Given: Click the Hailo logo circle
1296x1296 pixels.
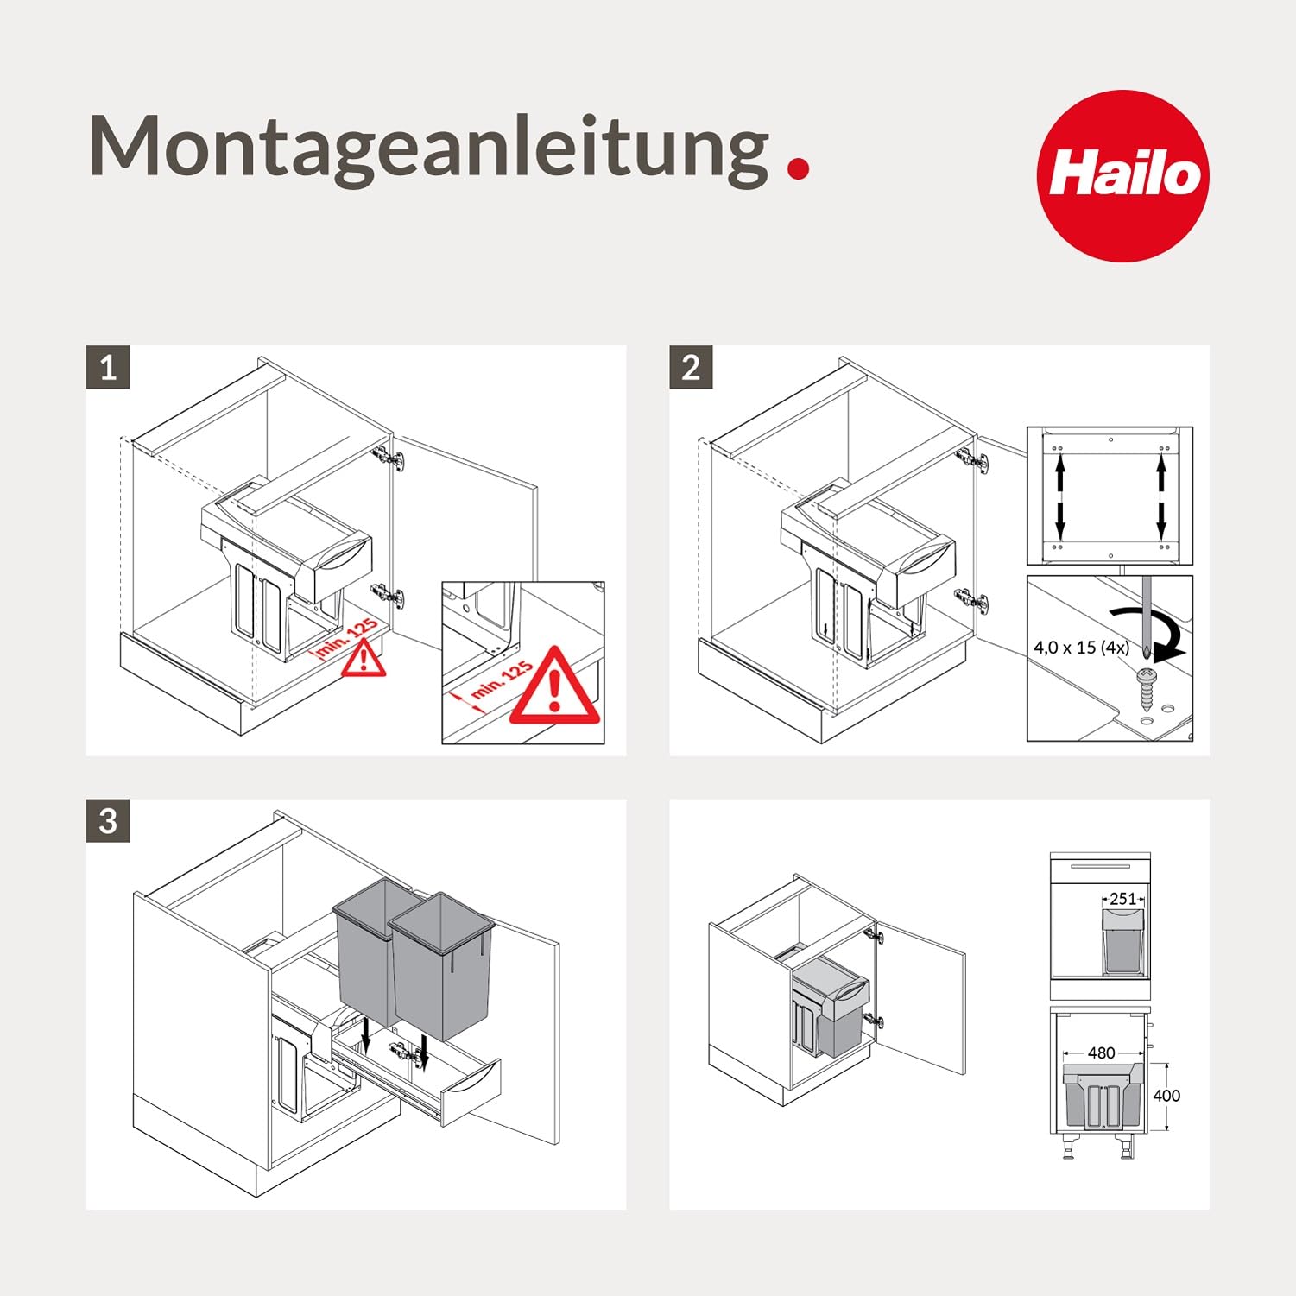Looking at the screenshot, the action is [x=1122, y=176].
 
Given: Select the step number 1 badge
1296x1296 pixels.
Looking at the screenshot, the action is [x=108, y=368].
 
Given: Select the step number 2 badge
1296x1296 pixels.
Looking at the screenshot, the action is [x=691, y=368].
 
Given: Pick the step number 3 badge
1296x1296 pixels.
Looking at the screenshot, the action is [x=108, y=820].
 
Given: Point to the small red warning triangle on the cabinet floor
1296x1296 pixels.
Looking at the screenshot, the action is [x=364, y=660].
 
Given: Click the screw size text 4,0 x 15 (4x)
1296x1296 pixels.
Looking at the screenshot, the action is [x=1081, y=647].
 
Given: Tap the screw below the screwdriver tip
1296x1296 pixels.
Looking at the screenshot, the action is [x=1146, y=687].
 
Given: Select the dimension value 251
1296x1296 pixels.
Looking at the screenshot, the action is [x=1122, y=899].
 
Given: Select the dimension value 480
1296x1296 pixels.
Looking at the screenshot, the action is [x=1101, y=1053].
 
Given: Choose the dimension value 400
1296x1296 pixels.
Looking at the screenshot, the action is [x=1166, y=1095].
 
